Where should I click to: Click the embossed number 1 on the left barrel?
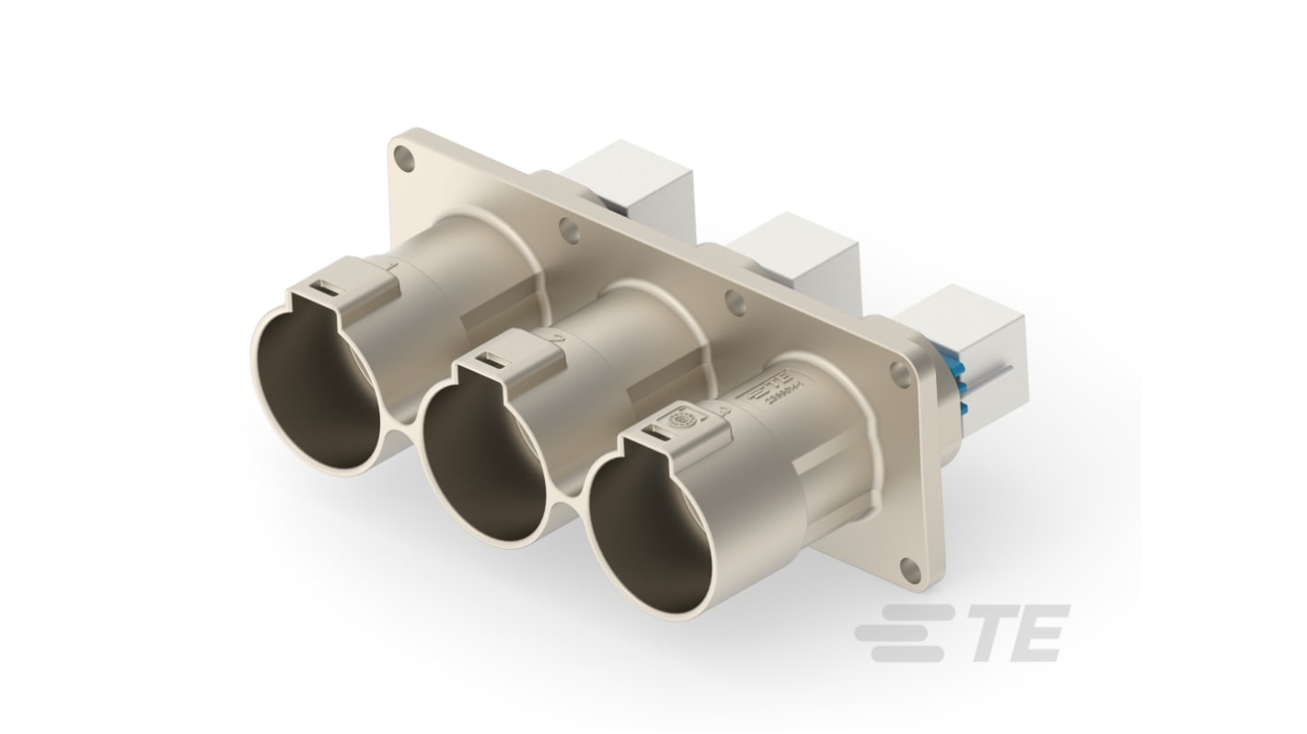[x=393, y=268]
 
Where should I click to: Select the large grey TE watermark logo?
[x=961, y=632]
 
